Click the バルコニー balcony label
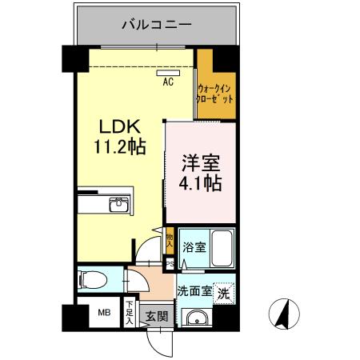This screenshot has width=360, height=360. [x=157, y=25]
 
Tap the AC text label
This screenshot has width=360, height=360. [x=169, y=81]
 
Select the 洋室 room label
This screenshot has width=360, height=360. [x=199, y=162]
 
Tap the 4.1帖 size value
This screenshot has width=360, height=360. [x=199, y=182]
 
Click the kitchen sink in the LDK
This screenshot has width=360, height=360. [x=121, y=207]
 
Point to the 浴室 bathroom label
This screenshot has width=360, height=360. [x=194, y=246]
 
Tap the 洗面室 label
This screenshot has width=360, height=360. [x=194, y=291]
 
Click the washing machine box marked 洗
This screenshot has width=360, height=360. [x=226, y=292]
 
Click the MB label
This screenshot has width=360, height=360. [x=104, y=314]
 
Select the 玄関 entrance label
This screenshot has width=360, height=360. [x=157, y=316]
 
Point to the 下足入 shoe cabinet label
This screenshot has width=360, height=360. [x=130, y=312]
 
